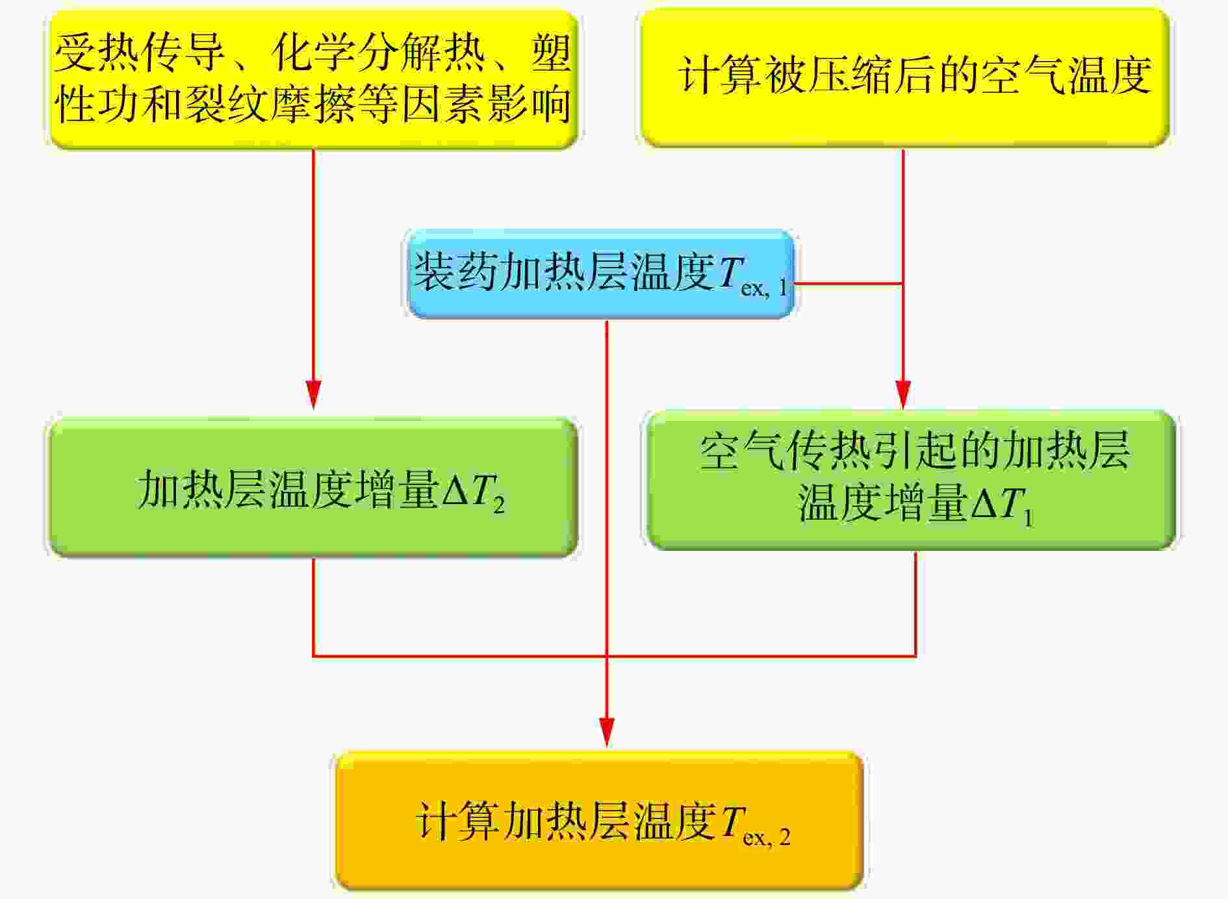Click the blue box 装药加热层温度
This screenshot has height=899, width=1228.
click(600, 274)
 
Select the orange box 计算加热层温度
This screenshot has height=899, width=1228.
click(598, 821)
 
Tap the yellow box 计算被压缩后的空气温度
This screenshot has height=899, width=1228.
click(905, 77)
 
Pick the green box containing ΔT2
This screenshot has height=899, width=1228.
click(314, 488)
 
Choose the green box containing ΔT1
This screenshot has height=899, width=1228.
click(912, 480)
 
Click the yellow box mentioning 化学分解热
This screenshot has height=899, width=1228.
click(314, 79)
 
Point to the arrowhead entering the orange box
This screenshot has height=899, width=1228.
click(606, 732)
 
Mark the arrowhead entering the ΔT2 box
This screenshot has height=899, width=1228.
click(314, 394)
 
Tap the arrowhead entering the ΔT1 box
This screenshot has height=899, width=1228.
click(903, 394)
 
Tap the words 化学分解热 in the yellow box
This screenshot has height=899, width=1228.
click(378, 52)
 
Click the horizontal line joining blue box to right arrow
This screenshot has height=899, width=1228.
click(849, 283)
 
